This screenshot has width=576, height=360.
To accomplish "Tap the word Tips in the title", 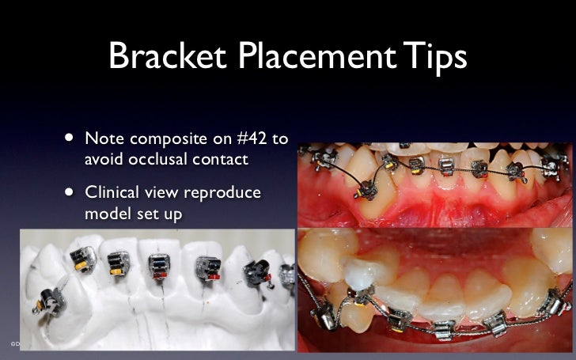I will pyautogui.click(x=434, y=56).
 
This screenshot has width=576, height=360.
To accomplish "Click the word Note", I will pyautogui.click(x=103, y=139).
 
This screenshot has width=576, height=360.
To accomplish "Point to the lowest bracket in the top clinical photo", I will pyautogui.click(x=365, y=190).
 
